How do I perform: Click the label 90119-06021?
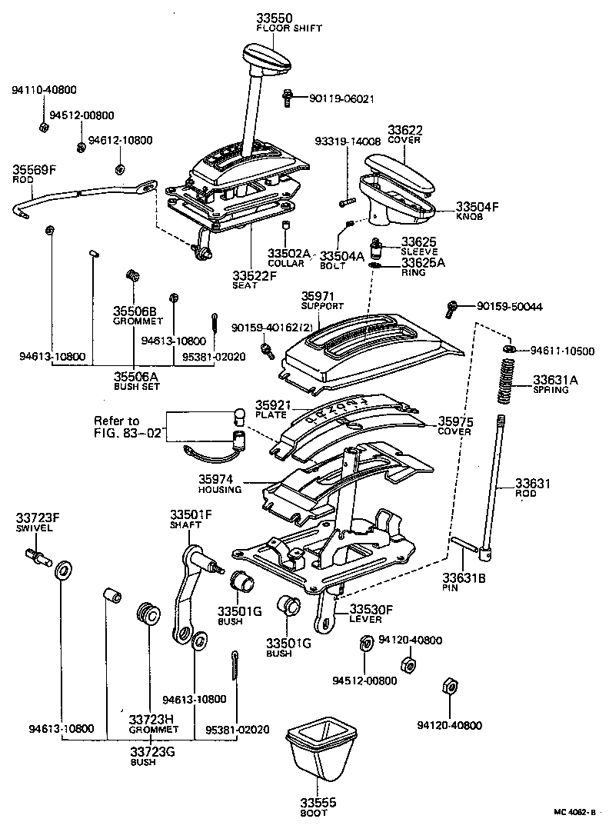341,98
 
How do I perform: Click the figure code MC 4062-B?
574,811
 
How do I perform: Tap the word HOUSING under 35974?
219,489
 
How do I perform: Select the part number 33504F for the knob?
478,207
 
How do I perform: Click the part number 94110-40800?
44,90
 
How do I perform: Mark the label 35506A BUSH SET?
135,381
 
